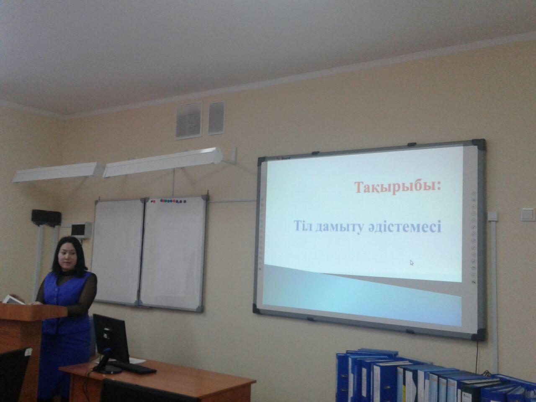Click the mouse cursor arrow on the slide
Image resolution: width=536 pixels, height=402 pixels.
click(x=412, y=263)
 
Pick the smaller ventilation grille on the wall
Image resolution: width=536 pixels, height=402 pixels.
click(x=216, y=119)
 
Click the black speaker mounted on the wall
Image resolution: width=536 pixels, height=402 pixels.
click(x=46, y=217)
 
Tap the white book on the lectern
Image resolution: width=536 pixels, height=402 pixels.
click(x=14, y=299)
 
